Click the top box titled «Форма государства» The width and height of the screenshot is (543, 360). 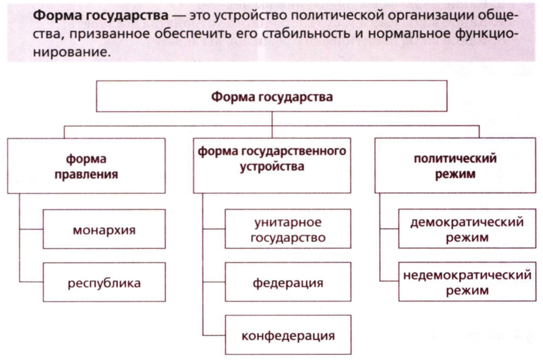click(272, 97)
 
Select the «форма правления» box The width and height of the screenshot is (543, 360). click(86, 166)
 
